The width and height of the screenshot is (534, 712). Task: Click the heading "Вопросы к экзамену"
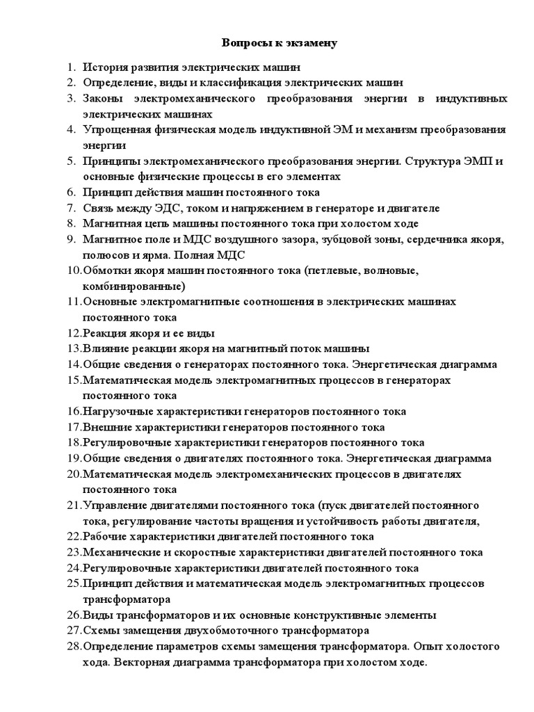280,43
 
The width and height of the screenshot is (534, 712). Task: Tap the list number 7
70,208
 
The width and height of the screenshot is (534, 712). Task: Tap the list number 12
74,332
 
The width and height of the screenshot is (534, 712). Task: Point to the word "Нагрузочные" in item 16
116,412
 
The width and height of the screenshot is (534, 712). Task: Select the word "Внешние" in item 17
104,427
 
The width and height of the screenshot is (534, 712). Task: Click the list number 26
74,615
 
